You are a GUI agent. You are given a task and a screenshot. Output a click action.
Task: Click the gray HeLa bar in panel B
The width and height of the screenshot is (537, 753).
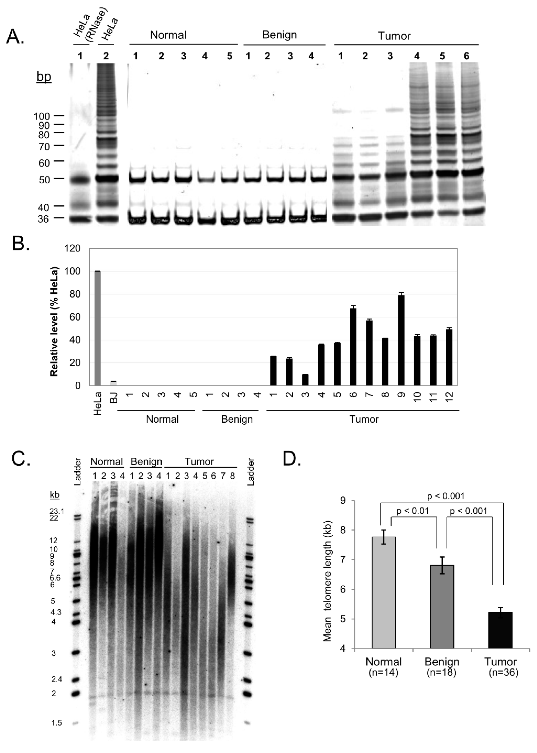(x=97, y=328)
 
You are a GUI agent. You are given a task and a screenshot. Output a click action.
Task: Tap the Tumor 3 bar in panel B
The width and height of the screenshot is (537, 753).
(x=305, y=380)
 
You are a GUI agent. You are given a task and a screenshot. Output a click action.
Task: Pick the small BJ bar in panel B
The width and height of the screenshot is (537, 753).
(x=113, y=384)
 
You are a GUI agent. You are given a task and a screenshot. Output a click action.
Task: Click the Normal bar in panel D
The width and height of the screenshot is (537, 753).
(x=384, y=593)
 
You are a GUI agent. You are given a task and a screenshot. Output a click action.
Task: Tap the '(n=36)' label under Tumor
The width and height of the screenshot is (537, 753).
(x=503, y=673)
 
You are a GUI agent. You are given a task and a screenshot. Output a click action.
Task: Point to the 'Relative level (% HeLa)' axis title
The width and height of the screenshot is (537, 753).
(x=54, y=321)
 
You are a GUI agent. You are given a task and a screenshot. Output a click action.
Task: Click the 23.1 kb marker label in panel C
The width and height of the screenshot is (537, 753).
(x=57, y=511)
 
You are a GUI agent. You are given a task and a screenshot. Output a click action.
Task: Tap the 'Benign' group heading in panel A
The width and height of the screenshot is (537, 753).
(x=279, y=35)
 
